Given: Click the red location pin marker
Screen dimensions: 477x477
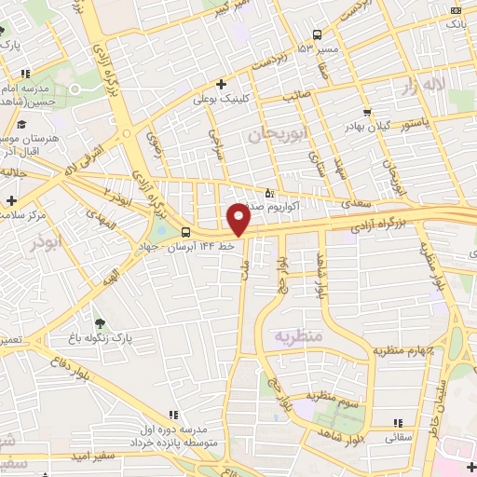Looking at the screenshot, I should (239, 218).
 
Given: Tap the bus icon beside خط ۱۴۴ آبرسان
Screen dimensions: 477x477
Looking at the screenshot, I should (185, 232).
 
